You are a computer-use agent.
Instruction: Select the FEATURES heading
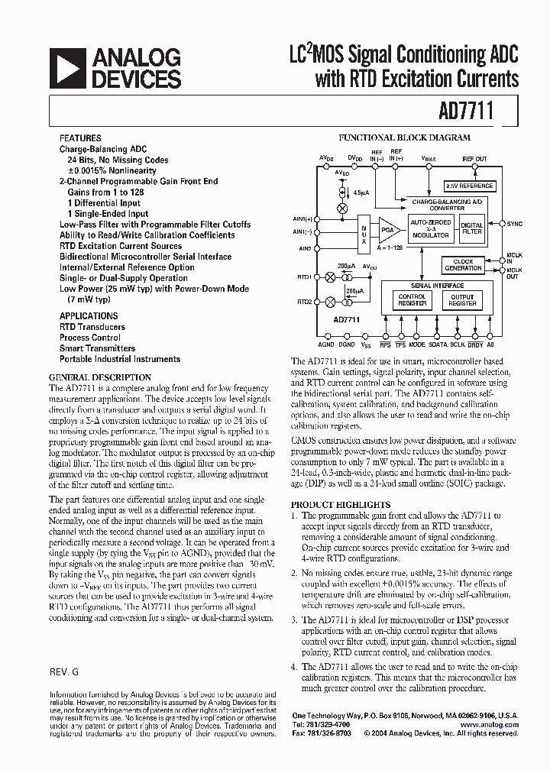79,139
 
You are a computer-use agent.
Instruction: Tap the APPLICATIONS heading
89,315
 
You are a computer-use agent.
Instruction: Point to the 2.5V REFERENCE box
469,186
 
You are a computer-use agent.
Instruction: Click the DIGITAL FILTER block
472,228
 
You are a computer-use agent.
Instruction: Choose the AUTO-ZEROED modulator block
430,228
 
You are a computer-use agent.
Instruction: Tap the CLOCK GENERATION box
464,265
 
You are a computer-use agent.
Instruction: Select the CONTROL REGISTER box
412,300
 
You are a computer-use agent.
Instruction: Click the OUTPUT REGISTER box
463,300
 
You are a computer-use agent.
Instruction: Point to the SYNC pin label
516,224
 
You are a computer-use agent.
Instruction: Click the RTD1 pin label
304,277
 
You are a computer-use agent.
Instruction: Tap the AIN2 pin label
304,249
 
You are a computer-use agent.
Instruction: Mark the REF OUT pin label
474,159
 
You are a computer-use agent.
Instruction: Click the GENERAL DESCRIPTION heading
100,377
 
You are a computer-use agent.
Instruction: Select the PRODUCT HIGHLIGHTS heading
341,505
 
